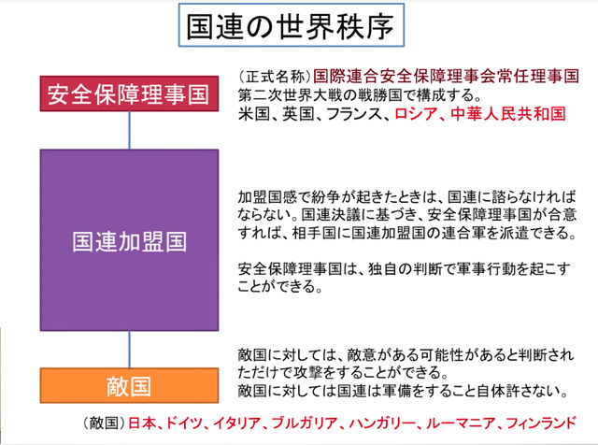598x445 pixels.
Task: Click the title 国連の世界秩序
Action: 291,26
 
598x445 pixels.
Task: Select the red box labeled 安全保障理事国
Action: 129,93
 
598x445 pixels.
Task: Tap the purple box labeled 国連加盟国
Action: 129,240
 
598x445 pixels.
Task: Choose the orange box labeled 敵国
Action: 129,385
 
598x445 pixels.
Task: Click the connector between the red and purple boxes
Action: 129,130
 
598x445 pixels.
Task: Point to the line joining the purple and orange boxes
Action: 129,350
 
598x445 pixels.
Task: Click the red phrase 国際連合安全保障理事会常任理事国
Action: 446,77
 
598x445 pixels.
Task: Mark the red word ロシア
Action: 416,114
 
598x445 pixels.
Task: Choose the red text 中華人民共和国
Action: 507,114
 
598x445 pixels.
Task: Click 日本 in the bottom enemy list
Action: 142,423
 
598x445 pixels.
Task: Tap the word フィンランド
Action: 540,423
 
